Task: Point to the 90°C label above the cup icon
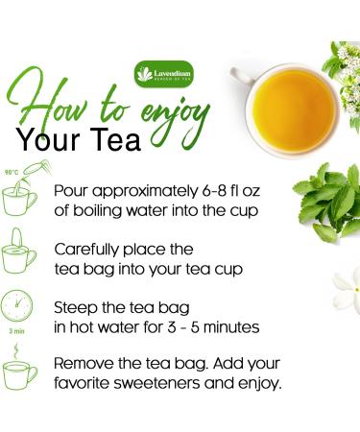[x=12, y=173]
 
